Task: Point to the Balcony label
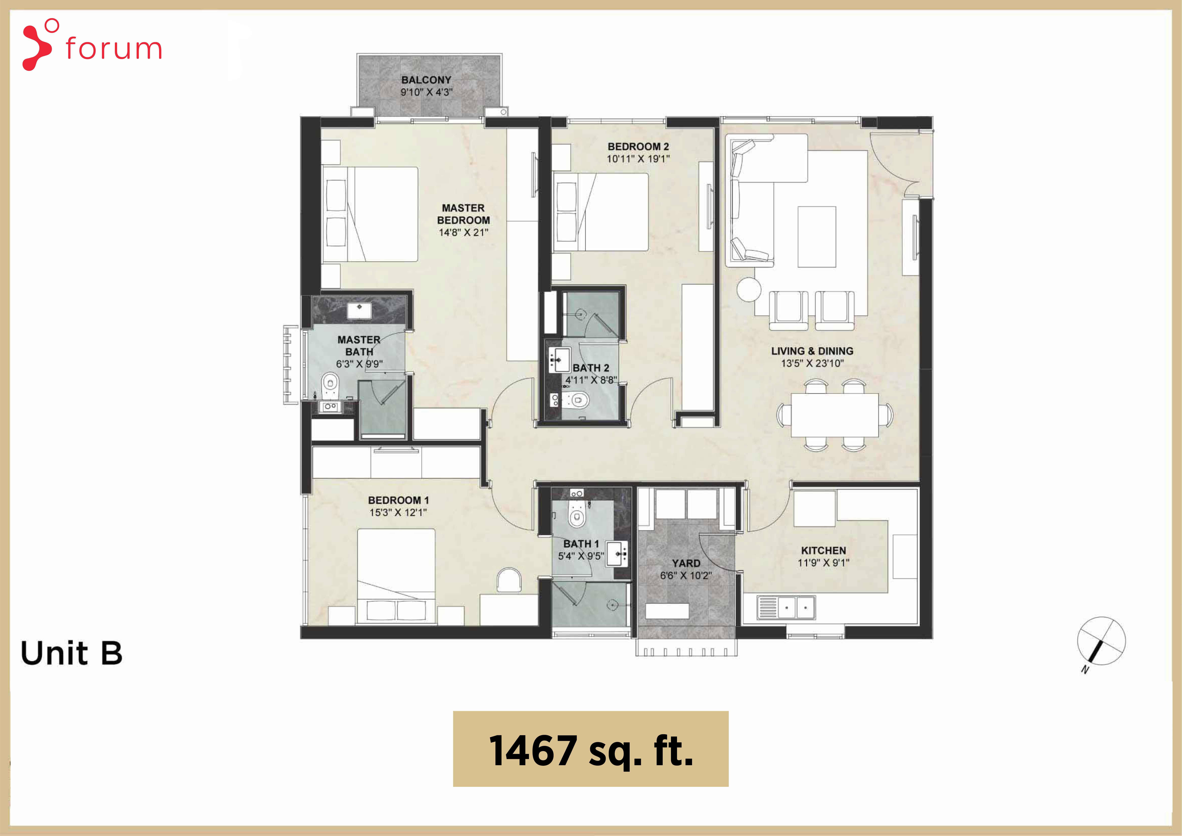coord(426,80)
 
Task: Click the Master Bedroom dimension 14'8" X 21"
coord(463,232)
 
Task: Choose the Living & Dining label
coord(812,351)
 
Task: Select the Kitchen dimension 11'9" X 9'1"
coord(823,563)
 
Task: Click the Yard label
coord(686,563)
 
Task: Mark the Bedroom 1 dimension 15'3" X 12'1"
coord(398,512)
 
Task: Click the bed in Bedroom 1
coord(396,576)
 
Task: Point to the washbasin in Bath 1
coord(618,554)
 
